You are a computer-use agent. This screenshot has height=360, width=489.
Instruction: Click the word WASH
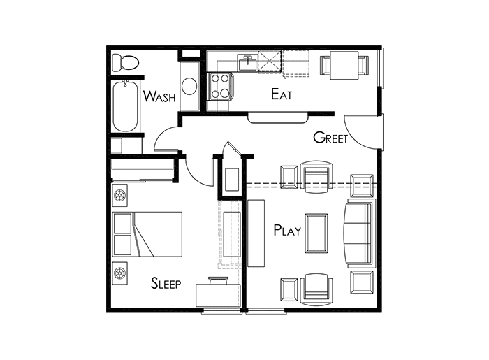pos(159,96)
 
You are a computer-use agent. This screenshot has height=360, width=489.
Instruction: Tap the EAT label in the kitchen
pos(281,94)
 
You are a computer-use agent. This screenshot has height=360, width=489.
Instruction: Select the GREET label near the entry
pos(330,138)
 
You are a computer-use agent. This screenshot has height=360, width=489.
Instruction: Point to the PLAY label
pos(287,229)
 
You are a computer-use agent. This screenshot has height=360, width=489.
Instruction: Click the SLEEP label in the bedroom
pos(166,283)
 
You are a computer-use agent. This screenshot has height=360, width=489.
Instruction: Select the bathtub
pos(126,106)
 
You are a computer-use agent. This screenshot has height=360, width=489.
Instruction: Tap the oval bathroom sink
pos(189,87)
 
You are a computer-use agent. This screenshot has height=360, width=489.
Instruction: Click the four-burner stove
pos(221,86)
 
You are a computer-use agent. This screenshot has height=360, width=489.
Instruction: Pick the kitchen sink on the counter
pos(247,64)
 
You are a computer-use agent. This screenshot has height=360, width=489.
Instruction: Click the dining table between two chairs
pos(344,64)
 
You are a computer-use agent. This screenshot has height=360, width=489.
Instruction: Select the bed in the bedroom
pos(148,233)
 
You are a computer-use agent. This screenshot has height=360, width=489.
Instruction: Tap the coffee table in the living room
pos(316,233)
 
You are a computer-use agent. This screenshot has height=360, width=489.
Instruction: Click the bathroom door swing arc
pos(166,138)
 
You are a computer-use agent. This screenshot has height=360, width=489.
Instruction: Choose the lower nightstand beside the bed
pos(120,271)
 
